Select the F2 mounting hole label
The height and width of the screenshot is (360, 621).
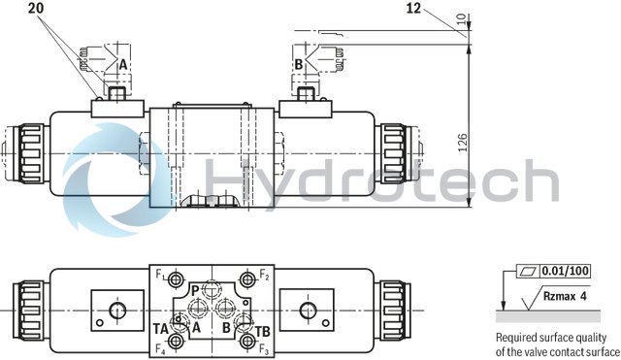(264, 276)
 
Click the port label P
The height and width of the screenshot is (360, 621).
(195, 290)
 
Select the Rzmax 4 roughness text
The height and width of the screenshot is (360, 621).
(568, 299)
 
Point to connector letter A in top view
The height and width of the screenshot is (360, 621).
(122, 64)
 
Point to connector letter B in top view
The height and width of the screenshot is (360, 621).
(300, 64)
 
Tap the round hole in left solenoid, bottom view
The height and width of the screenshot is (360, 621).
(114, 310)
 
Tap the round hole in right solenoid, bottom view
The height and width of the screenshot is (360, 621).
(308, 310)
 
